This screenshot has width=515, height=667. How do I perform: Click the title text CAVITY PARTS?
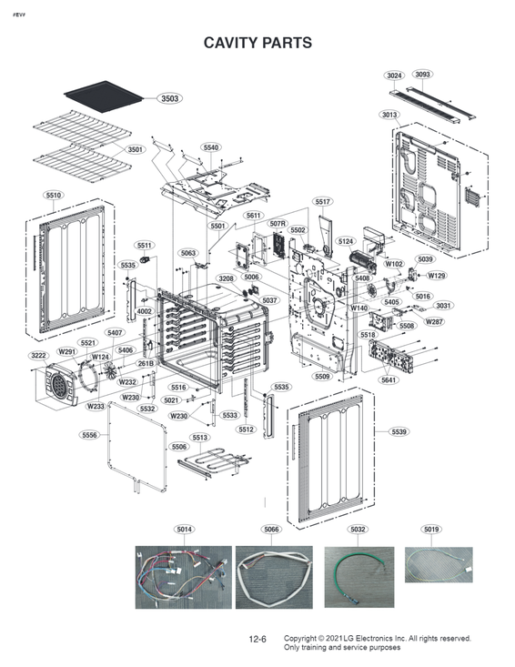[257, 43]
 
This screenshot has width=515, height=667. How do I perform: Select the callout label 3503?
[168, 98]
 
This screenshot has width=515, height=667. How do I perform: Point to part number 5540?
[211, 147]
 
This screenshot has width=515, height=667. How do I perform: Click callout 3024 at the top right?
[394, 75]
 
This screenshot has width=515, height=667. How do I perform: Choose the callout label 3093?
[422, 75]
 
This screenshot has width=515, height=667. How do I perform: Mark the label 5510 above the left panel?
[53, 196]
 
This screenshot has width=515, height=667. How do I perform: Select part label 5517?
[323, 201]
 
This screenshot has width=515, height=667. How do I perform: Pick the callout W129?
[437, 276]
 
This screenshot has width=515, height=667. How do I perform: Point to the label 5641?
[389, 380]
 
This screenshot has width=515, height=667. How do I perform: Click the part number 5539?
[399, 431]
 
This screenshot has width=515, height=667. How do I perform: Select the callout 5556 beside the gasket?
[89, 436]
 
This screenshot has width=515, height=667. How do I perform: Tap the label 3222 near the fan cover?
[38, 356]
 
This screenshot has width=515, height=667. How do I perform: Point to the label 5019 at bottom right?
[431, 530]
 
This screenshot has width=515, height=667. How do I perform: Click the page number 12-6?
[257, 641]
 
